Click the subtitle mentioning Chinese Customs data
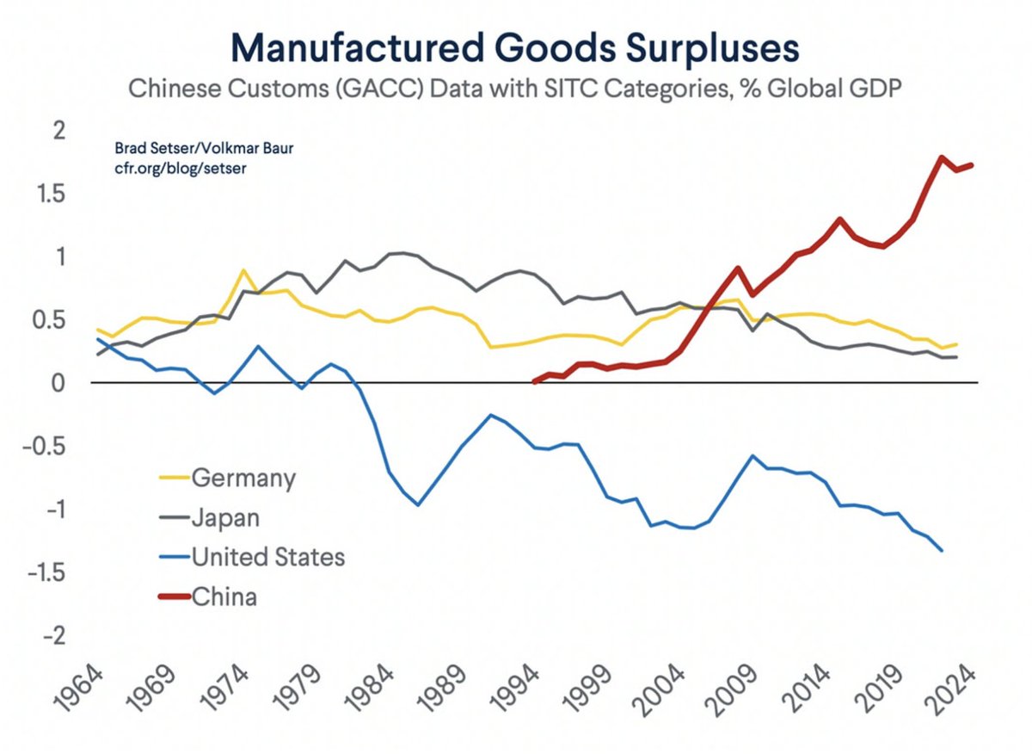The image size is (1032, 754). pyautogui.click(x=514, y=90)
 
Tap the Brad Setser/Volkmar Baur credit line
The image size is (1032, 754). pyautogui.click(x=203, y=149)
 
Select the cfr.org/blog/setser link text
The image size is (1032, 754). pyautogui.click(x=181, y=168)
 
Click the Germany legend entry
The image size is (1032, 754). pyautogui.click(x=243, y=477)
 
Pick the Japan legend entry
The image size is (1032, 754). pyautogui.click(x=225, y=517)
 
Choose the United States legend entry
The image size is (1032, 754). pyautogui.click(x=267, y=557)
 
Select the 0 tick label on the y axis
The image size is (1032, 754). pyautogui.click(x=58, y=383)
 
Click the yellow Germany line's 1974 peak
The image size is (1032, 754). pyautogui.click(x=244, y=270)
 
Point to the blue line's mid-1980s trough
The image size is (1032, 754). pyautogui.click(x=418, y=505)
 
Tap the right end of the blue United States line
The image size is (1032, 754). pyautogui.click(x=943, y=551)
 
